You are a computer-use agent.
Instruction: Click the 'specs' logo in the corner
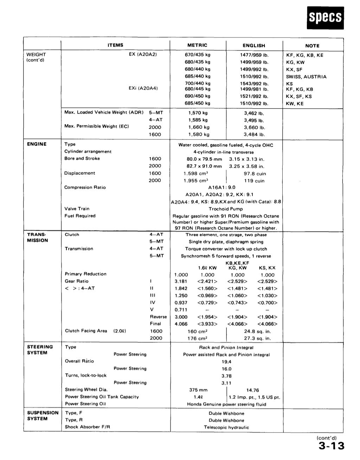click(325, 18)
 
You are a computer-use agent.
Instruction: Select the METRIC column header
click(197, 45)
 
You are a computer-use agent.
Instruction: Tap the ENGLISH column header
click(254, 46)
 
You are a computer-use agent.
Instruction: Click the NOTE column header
click(312, 46)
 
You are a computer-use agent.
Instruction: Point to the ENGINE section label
click(37, 144)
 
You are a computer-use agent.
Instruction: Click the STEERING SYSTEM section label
click(40, 350)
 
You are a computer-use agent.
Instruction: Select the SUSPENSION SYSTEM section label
click(43, 415)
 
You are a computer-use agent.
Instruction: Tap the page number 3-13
click(331, 446)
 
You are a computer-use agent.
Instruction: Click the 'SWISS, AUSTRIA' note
click(306, 77)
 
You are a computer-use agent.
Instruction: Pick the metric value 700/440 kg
click(198, 83)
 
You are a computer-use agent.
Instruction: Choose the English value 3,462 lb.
click(254, 114)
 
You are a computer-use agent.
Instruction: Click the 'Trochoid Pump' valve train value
click(226, 209)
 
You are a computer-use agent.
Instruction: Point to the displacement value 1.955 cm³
click(196, 181)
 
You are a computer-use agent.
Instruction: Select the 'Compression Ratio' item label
click(85, 187)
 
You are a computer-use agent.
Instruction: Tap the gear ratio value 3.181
click(181, 281)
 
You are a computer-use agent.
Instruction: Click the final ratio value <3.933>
click(207, 324)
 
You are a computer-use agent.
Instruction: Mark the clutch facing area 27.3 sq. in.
click(257, 338)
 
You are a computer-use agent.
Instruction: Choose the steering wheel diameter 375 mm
click(198, 390)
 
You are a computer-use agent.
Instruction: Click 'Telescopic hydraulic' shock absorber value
click(226, 427)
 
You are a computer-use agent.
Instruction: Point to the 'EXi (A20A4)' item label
click(143, 88)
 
